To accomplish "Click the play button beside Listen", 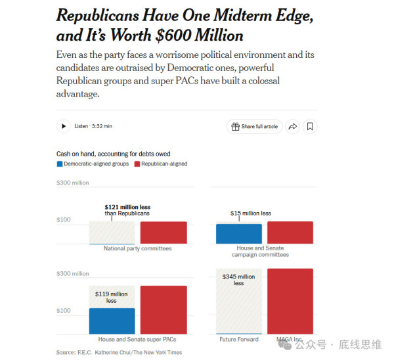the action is pos(63,126).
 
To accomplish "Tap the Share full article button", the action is pos(255,126).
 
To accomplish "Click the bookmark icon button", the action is pos(310,126).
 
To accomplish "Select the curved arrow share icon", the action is pos(293,126).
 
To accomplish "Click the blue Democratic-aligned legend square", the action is pos(60,164).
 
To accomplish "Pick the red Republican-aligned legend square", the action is pos(137,164).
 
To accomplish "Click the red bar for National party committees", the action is pos(164,233).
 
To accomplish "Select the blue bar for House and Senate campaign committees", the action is pos(239,234).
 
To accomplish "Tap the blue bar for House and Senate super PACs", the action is pos(112,321).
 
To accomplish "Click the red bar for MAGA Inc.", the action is pos(290,301).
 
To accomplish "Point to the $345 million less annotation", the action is pos(238,280).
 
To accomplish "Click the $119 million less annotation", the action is pos(112,297).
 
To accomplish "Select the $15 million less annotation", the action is pos(251,214).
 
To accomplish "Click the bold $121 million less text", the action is pos(127,207).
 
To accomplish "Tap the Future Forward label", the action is pos(239,340).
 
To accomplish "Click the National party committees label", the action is pos(138,248).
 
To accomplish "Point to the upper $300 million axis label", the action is pos(73,183).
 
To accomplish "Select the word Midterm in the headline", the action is pos(243,16).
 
